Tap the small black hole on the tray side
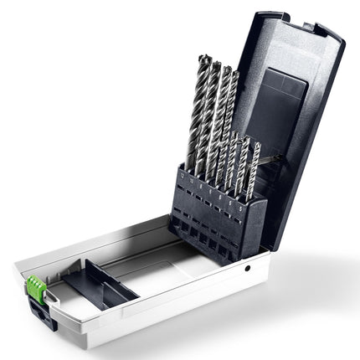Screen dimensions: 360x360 pyautogui.click(x=248, y=269)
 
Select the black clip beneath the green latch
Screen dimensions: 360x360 pyautogui.click(x=37, y=307)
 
